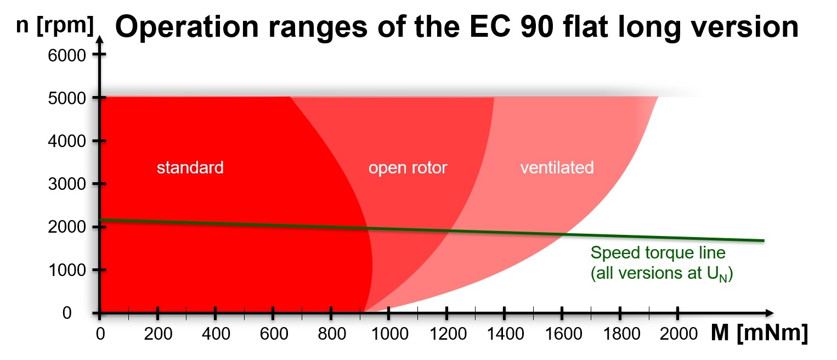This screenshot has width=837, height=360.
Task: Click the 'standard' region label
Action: coord(190,167)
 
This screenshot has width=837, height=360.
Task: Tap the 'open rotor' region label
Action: coord(408,168)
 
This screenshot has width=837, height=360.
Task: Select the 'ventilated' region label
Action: coord(557,167)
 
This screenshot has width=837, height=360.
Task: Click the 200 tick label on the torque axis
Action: coord(157,333)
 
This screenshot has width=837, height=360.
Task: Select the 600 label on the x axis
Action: coord(273,333)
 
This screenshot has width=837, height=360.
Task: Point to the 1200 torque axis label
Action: coord(446,333)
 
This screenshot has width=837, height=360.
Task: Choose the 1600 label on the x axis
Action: coord(562,333)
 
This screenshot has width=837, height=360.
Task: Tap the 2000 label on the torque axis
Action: coord(678,333)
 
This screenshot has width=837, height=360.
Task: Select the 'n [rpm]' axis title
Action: coord(55,26)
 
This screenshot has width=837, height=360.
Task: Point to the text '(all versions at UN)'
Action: coord(661,273)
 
